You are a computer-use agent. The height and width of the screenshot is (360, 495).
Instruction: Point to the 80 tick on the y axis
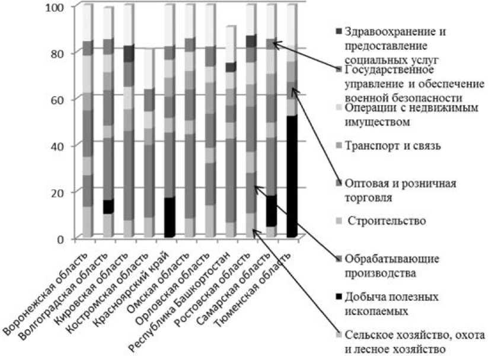(x=62, y=53)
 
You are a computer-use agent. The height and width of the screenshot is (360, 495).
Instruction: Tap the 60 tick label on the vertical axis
(x=62, y=99)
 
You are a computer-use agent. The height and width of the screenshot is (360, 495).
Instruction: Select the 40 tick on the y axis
(x=62, y=145)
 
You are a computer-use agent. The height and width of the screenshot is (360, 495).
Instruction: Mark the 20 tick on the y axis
(x=62, y=192)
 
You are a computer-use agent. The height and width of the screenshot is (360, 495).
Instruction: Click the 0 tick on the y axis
(x=65, y=238)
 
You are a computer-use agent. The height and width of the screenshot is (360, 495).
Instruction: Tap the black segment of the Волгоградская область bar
(x=108, y=206)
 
